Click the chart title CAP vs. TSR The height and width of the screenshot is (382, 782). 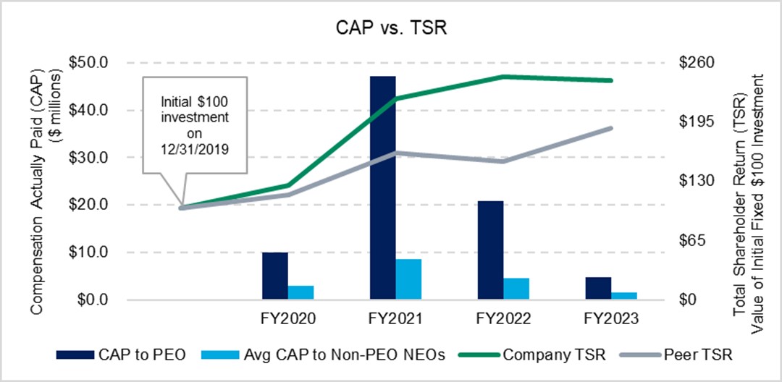pos(391,28)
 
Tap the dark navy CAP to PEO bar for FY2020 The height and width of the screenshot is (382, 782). pos(274,276)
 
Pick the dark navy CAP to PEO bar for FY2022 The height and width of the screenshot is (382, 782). pos(490,250)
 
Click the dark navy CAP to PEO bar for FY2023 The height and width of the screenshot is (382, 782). pos(598,288)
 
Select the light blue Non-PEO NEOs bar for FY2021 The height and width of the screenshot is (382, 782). pos(408,279)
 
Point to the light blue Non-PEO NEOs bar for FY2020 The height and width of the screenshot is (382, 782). pos(300,292)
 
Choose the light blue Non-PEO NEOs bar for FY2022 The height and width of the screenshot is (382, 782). pos(516,289)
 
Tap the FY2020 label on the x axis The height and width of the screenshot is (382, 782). pos(288,318)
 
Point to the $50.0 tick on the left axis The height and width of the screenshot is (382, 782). pos(88,62)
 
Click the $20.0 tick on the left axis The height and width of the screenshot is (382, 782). pos(88,205)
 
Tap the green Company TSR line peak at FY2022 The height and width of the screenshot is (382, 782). pos(503,76)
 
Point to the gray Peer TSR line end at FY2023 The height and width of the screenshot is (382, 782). pos(611,128)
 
